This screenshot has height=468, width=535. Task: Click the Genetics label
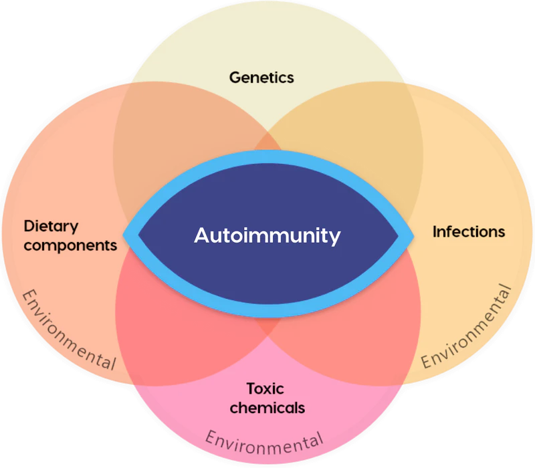(261, 78)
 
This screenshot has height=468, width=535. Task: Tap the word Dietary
(51, 225)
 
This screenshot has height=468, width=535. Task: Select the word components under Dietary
(70, 245)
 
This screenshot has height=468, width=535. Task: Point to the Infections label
(468, 232)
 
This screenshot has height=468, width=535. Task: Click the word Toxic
(265, 388)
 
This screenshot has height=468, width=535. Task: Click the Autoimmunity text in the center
(267, 235)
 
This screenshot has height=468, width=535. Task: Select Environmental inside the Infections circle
(467, 328)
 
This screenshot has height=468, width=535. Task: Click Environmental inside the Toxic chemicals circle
(264, 441)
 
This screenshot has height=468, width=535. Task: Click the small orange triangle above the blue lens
(267, 142)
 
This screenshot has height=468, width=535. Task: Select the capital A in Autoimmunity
(200, 235)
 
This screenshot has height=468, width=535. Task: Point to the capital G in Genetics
(235, 78)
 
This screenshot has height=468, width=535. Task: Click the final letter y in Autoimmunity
(335, 237)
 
